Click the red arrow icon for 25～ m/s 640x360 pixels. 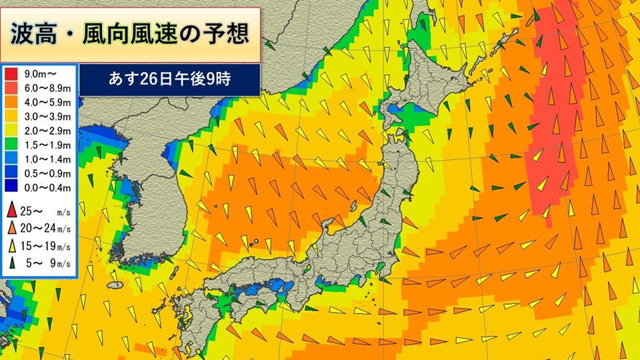click(12, 213)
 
